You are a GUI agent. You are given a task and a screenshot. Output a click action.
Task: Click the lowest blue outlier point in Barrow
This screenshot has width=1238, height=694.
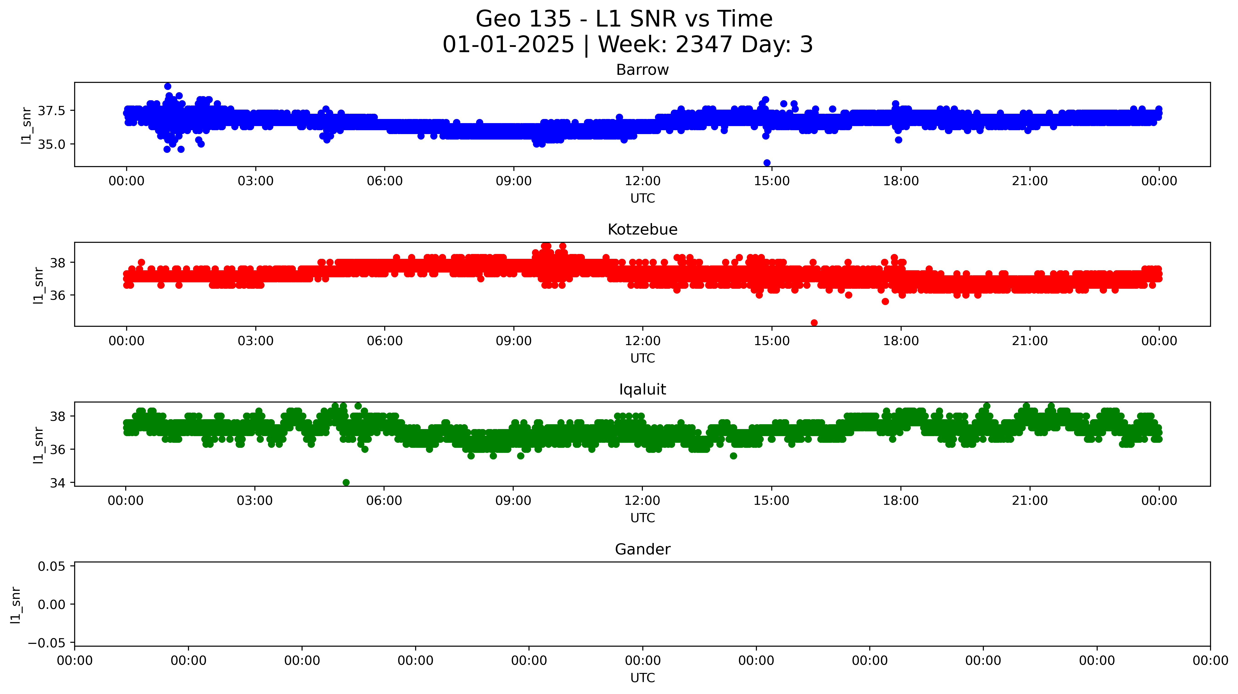pos(767,163)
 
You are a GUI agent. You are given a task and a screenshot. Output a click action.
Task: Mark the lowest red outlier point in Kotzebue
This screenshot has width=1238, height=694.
pos(814,323)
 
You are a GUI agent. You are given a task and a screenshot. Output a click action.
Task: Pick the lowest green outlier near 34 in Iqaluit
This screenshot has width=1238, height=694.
pos(346,482)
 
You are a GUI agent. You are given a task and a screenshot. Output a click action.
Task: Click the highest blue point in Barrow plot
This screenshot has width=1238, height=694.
pos(168,86)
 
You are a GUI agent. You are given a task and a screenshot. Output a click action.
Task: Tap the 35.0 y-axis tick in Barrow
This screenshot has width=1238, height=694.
pos(51,145)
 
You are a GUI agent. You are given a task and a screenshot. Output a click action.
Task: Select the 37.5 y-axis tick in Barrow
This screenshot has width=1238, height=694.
pos(51,111)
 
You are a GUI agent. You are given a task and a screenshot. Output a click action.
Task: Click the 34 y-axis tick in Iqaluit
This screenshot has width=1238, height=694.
pos(58,483)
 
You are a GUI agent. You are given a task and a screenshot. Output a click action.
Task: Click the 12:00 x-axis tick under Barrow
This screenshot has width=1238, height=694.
pos(643,181)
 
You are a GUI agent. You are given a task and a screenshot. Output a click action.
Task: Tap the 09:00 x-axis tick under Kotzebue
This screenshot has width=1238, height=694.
pos(514,341)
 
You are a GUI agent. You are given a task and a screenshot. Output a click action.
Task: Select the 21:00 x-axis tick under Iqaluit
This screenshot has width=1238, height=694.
pos(1029,501)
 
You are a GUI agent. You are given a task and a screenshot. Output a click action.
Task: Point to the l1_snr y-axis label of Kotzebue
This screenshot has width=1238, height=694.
pos(38,285)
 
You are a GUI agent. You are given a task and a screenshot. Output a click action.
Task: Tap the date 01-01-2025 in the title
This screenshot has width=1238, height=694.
pos(508,45)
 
